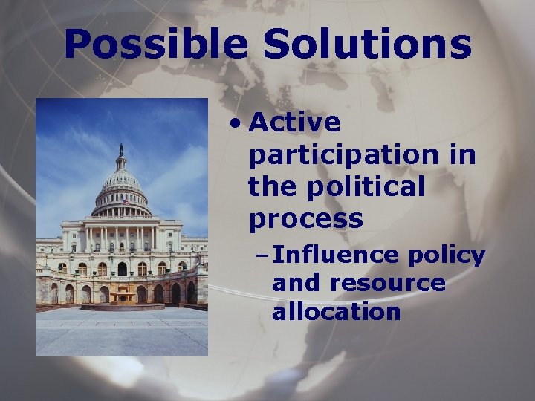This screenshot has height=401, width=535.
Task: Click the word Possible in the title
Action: point(155,45)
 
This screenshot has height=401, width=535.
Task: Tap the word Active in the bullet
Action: point(295,123)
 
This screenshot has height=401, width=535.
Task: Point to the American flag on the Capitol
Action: point(126,200)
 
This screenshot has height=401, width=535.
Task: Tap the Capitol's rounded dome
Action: point(121,182)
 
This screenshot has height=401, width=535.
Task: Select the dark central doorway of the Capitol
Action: point(122,269)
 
